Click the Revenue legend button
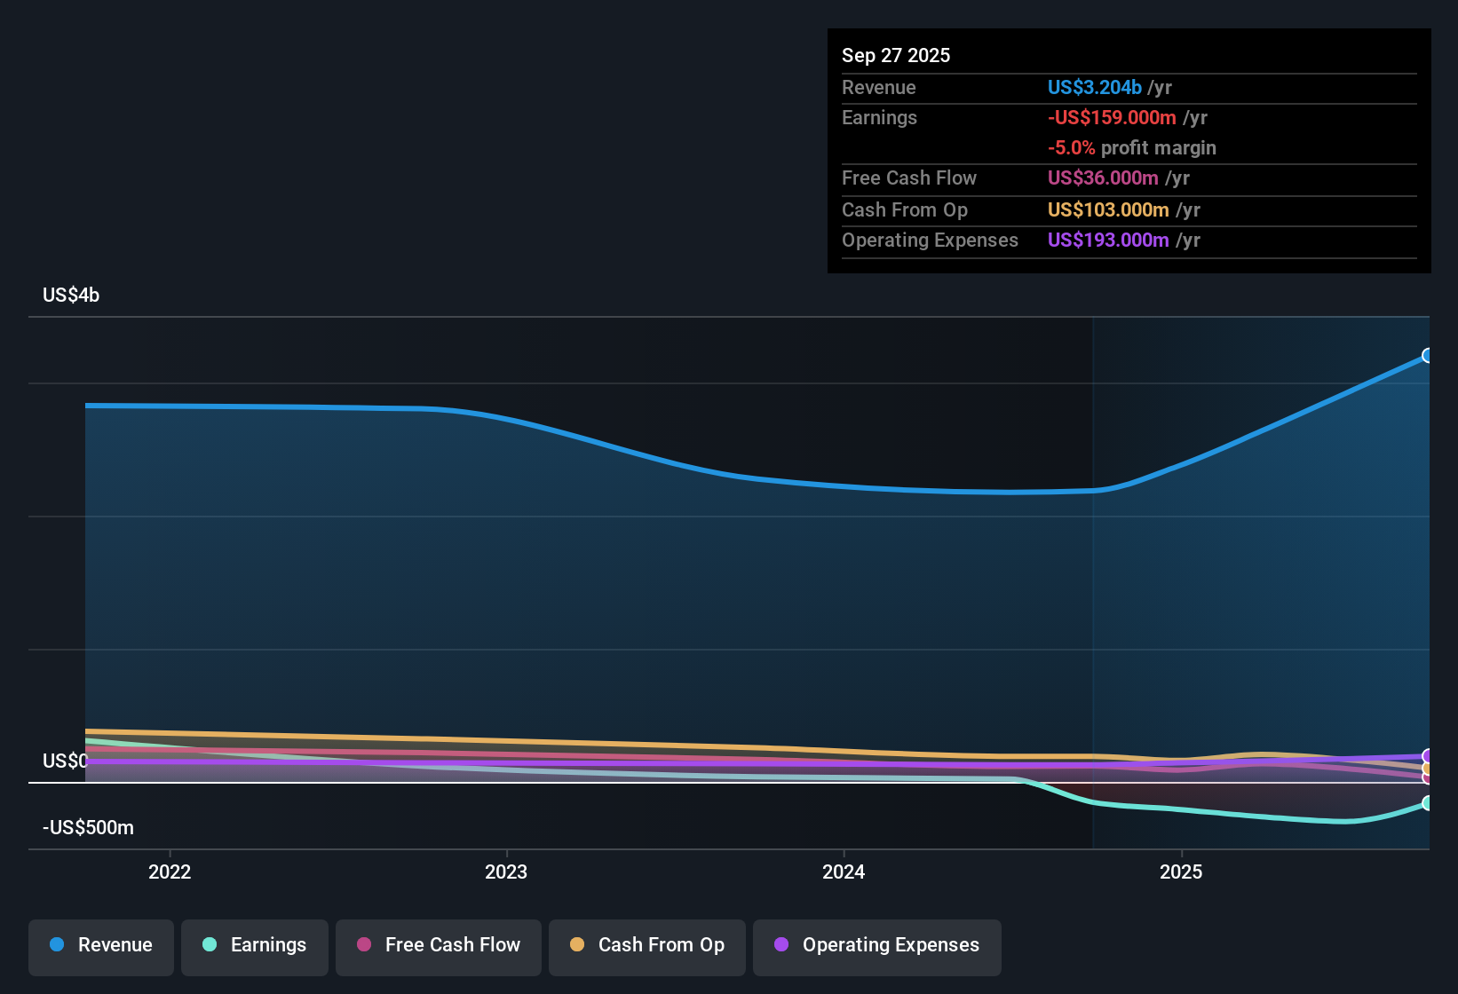tap(101, 945)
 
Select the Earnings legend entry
tap(255, 945)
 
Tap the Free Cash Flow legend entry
tap(439, 945)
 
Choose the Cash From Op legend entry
tap(647, 945)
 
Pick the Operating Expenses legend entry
tap(877, 945)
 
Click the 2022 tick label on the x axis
tap(170, 872)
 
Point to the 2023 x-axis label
tap(506, 872)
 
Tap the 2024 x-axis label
tap(844, 872)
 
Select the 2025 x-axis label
tap(1181, 872)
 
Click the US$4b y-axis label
tap(71, 296)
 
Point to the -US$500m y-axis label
tap(88, 828)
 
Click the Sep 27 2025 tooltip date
tap(896, 55)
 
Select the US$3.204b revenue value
tap(1094, 88)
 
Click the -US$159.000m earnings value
tap(1112, 118)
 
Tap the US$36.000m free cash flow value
tap(1103, 178)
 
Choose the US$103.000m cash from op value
tap(1108, 210)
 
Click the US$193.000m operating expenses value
tap(1108, 241)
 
